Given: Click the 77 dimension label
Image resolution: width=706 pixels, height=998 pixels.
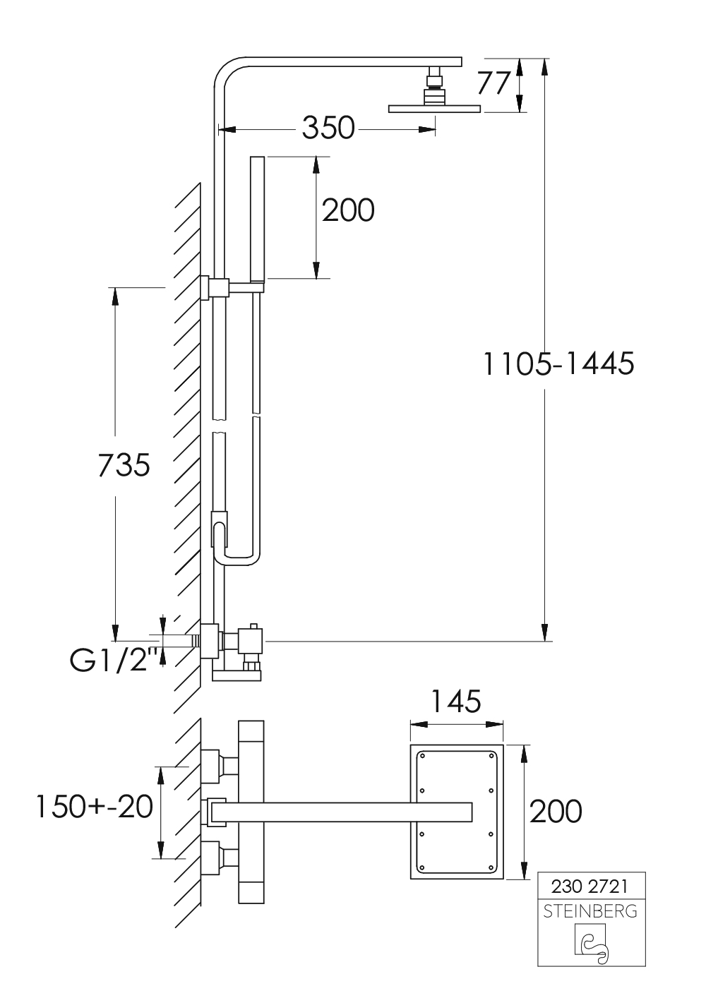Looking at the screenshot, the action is tap(493, 83).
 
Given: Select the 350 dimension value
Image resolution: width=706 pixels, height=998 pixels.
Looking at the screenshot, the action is tap(328, 128).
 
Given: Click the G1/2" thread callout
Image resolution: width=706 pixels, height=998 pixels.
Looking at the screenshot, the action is tap(116, 661).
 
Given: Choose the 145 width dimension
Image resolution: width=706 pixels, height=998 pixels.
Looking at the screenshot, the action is tap(456, 701).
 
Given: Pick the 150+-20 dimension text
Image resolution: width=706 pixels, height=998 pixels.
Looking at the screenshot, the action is tap(95, 807).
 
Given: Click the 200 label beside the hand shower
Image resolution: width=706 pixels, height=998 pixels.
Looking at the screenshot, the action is tap(348, 210).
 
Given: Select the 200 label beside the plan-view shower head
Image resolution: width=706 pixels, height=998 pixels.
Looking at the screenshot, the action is tap(556, 811).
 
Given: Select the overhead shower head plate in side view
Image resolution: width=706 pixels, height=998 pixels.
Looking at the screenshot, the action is tap(435, 109).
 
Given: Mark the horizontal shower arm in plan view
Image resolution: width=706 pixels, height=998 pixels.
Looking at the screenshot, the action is tap(342, 812).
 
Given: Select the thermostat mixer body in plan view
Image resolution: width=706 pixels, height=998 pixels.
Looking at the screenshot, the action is tap(251, 812).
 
